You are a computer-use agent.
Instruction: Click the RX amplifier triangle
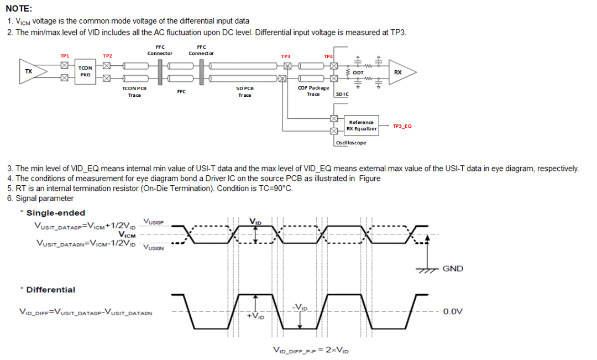coord(400,72)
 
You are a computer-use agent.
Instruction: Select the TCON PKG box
coord(85,71)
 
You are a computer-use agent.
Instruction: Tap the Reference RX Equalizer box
coord(361,126)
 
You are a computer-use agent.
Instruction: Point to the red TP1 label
coord(65,56)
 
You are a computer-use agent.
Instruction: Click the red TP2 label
coord(107,56)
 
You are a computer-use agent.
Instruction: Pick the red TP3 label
coord(286,56)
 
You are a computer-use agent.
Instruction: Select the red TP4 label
coord(328,56)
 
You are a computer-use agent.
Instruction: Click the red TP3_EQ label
coord(402,126)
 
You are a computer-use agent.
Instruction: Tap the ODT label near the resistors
coord(358,72)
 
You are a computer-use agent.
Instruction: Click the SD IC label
coord(342,95)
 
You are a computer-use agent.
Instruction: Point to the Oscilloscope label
coord(350,143)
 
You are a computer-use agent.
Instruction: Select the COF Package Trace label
coord(313,91)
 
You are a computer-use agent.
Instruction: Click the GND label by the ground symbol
coord(453,269)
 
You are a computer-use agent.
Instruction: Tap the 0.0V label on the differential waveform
coord(453,311)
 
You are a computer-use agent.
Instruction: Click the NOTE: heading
coord(19,8)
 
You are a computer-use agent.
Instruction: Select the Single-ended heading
coord(55,213)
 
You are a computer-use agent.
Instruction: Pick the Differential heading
coord(50,290)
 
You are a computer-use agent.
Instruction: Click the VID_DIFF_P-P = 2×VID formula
coord(311,350)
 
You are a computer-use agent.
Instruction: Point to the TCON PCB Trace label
coord(134,91)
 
